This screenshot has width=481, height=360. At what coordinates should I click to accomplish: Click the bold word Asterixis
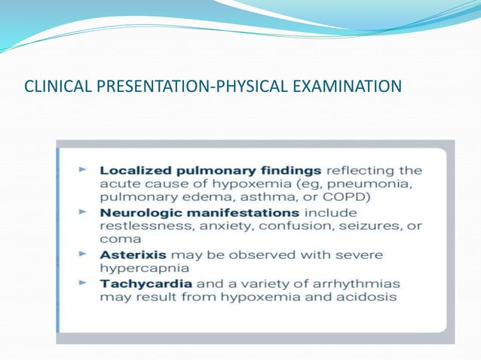pos(130,255)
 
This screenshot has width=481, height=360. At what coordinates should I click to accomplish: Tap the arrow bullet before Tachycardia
pos(84,284)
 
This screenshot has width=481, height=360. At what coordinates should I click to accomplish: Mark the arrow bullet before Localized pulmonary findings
pos(84,171)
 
